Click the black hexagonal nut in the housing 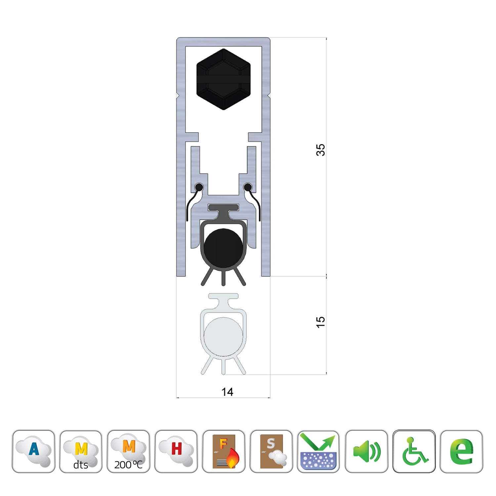[224, 79]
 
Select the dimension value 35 [320, 150]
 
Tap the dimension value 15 [320, 322]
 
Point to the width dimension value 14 [227, 392]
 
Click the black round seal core [223, 248]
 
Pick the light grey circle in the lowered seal [223, 337]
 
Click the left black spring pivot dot [199, 187]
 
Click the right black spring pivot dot [248, 187]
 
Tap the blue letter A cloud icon [33, 451]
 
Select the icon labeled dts [81, 451]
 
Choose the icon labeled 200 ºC [129, 451]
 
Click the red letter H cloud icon [176, 451]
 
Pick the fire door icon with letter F [224, 451]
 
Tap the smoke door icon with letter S [271, 451]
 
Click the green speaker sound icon [366, 451]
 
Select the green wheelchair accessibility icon [414, 451]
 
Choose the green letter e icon [462, 451]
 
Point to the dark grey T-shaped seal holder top [223, 208]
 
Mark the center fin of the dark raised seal [224, 278]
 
